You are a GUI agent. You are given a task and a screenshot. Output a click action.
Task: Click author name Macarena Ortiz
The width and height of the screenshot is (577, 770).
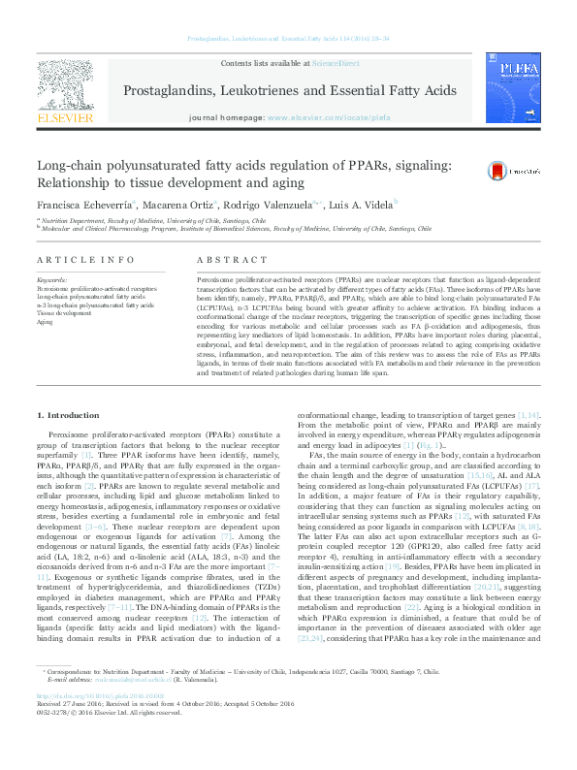coord(181,207)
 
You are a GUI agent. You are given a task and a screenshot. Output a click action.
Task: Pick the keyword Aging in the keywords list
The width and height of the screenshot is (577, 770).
coord(45,321)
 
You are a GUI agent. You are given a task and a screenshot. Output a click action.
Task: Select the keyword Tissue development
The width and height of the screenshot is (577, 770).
coord(64,313)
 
